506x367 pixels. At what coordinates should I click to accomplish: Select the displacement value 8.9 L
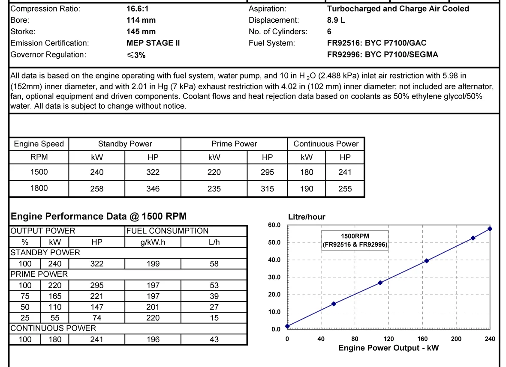(x=336, y=20)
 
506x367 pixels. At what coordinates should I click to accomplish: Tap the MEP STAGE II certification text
(x=153, y=43)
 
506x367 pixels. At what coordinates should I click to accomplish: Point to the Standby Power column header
(x=125, y=144)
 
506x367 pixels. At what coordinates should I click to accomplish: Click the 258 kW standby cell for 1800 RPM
(x=97, y=188)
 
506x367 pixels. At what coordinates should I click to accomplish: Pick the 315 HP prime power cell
(x=267, y=188)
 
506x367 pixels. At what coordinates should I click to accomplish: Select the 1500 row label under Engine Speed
(x=39, y=172)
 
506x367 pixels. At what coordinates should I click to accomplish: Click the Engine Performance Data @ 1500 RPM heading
(x=99, y=216)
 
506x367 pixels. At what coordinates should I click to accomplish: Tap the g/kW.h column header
(x=153, y=242)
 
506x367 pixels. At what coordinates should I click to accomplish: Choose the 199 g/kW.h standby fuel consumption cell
(x=153, y=264)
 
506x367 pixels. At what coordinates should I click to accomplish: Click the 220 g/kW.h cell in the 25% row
(x=153, y=318)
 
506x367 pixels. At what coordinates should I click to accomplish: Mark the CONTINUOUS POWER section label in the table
(x=53, y=328)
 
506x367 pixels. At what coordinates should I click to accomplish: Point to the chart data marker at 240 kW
(x=490, y=229)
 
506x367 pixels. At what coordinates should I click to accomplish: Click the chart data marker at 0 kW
(x=287, y=326)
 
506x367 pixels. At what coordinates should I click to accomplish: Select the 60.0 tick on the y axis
(x=274, y=225)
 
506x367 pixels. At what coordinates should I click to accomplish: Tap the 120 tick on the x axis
(x=389, y=339)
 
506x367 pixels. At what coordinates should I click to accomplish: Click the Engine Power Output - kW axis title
(x=389, y=348)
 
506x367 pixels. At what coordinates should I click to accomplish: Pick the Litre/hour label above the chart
(x=307, y=217)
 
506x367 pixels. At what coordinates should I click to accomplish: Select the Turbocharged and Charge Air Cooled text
(x=398, y=9)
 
